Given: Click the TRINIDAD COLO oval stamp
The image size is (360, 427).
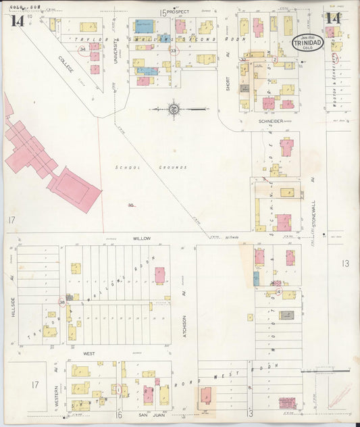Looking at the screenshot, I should pyautogui.click(x=308, y=43).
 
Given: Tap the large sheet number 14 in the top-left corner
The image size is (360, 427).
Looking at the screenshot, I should pyautogui.click(x=17, y=20).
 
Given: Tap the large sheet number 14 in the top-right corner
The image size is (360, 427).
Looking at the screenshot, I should pyautogui.click(x=332, y=18).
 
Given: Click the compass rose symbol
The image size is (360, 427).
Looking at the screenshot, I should pyautogui.click(x=174, y=109).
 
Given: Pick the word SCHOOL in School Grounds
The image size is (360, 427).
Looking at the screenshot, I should pyautogui.click(x=126, y=168).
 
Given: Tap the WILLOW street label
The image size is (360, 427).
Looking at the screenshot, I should pyautogui.click(x=141, y=238).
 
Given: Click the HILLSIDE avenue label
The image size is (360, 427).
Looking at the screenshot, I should pyautogui.click(x=12, y=291).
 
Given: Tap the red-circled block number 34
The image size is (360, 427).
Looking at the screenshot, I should pyautogui.click(x=82, y=50).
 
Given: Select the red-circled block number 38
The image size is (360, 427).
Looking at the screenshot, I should pyautogui.click(x=61, y=302).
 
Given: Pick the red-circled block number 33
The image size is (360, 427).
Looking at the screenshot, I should pyautogui.click(x=174, y=51).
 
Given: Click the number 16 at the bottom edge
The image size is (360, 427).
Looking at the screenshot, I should pyautogui.click(x=118, y=413).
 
